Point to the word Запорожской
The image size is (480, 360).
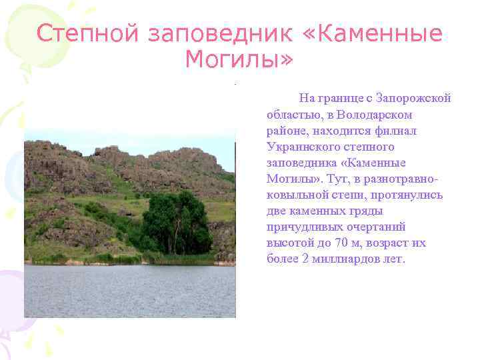point(414,99)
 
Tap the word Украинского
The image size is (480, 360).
point(303,147)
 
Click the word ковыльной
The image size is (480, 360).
point(295,195)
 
